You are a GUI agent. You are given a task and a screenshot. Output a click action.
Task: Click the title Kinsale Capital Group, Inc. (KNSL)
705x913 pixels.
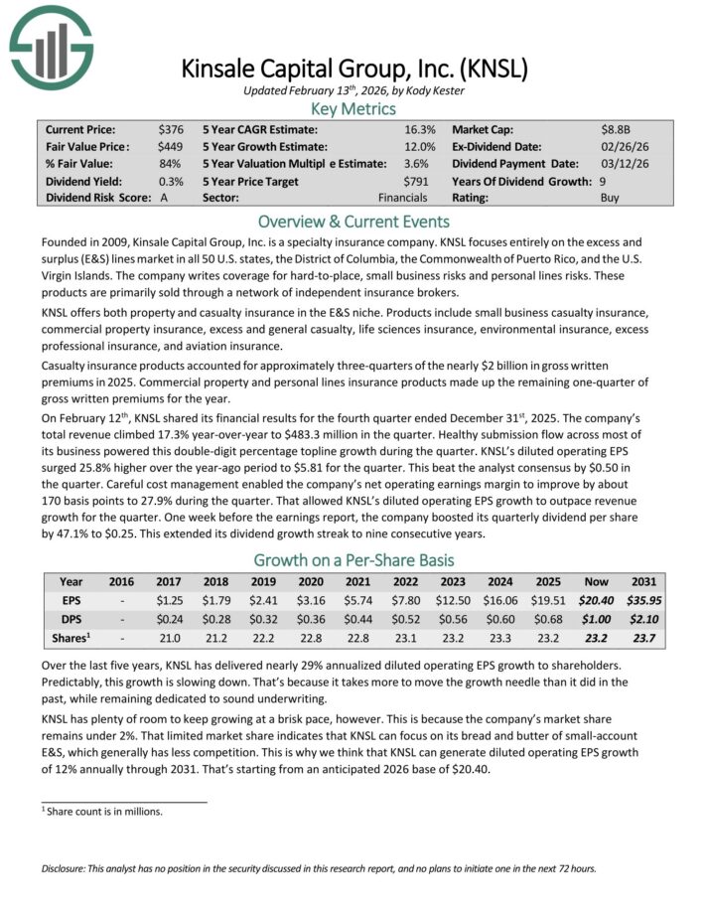(352, 70)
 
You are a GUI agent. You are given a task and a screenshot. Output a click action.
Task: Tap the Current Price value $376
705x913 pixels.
(171, 129)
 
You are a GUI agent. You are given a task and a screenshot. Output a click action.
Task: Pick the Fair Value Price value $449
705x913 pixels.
(171, 146)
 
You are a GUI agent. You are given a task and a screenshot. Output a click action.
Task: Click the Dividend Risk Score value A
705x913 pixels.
(164, 197)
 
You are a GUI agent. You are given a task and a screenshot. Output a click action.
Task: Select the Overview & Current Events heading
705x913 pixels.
(352, 222)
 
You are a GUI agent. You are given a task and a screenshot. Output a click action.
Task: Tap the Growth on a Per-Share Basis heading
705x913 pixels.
(352, 559)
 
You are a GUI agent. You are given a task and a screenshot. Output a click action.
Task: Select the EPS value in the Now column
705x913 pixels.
(610, 600)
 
